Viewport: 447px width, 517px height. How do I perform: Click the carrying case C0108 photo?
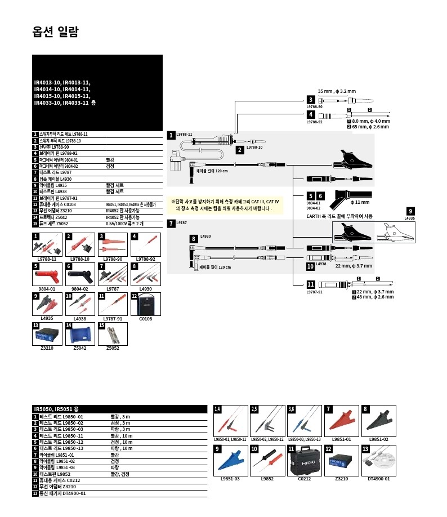145,306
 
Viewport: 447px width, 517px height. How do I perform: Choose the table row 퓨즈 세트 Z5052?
68,224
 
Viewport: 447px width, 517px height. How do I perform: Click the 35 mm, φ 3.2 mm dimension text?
337,91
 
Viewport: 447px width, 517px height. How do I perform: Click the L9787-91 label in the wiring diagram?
314,292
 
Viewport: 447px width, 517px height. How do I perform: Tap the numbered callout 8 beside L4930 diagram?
193,239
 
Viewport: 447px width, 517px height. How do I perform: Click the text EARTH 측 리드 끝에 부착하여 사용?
339,216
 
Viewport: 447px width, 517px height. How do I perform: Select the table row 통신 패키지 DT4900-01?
62,493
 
